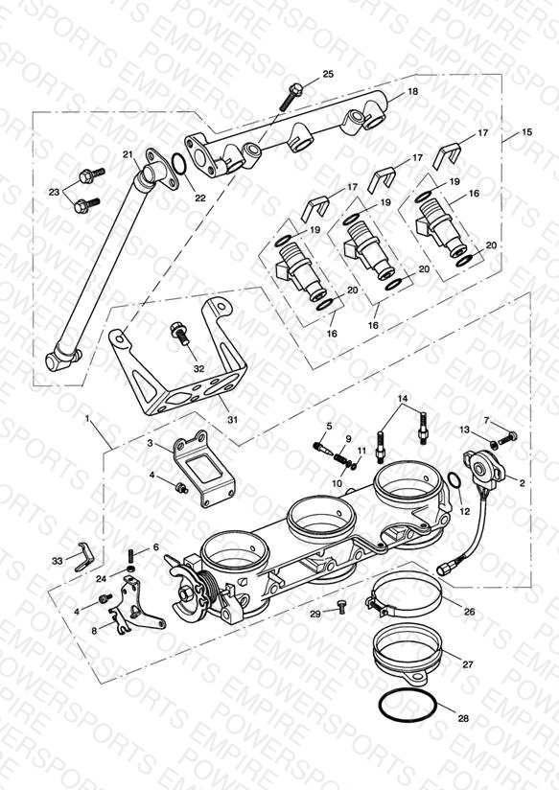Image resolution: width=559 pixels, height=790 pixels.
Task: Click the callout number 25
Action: click(x=328, y=74)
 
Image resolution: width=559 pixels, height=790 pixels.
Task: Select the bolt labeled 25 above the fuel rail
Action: click(x=291, y=96)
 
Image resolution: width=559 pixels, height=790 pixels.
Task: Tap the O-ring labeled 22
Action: click(x=178, y=163)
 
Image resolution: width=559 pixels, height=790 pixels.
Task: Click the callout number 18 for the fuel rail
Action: click(x=413, y=92)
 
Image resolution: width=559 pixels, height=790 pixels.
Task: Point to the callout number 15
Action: click(x=526, y=132)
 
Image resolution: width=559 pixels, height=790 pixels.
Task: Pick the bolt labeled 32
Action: click(x=179, y=333)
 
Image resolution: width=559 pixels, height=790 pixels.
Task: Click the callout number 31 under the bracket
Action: click(x=232, y=419)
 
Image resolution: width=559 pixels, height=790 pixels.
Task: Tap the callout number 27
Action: click(x=468, y=664)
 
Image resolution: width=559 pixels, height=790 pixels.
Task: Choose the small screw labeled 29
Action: click(x=340, y=608)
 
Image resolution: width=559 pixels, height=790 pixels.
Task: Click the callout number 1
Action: click(x=87, y=419)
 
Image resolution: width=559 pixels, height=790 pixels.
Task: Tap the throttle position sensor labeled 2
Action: click(x=485, y=467)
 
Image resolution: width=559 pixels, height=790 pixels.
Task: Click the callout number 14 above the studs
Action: click(x=403, y=399)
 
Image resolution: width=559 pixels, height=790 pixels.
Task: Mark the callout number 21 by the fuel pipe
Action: click(x=128, y=154)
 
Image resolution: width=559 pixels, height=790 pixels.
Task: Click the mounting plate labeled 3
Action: click(x=203, y=468)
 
